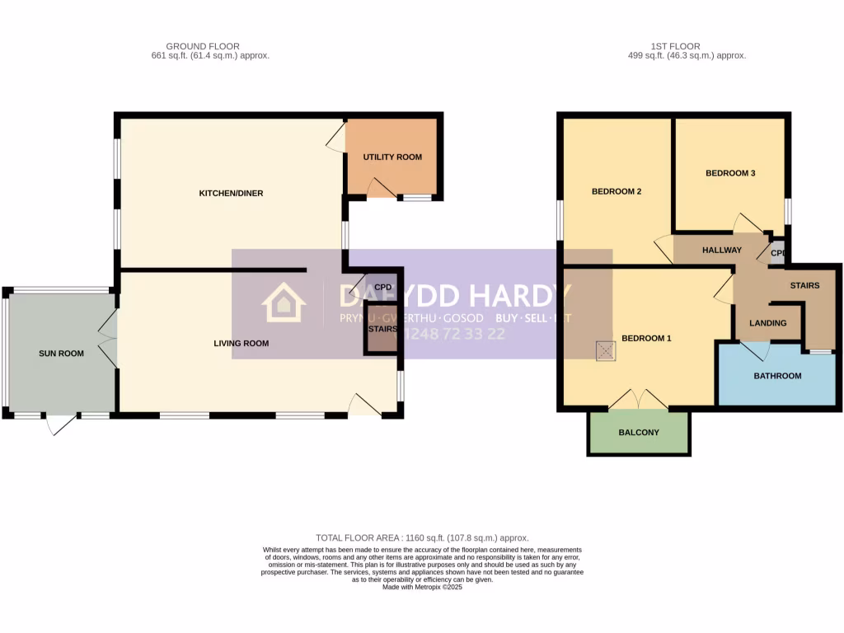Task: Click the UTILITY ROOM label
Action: click(392, 157)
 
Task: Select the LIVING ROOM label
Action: click(241, 344)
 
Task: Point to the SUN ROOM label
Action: click(62, 354)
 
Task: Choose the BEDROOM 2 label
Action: click(617, 191)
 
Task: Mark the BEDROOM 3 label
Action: click(730, 173)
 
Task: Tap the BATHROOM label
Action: click(777, 376)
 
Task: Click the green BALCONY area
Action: click(639, 433)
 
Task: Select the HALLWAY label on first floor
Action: click(722, 251)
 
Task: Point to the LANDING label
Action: click(767, 323)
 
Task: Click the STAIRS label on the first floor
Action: click(804, 286)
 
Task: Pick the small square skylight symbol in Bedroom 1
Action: click(607, 351)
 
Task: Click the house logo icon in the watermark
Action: click(283, 302)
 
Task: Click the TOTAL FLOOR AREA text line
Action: click(422, 537)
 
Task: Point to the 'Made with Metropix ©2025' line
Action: click(422, 587)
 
